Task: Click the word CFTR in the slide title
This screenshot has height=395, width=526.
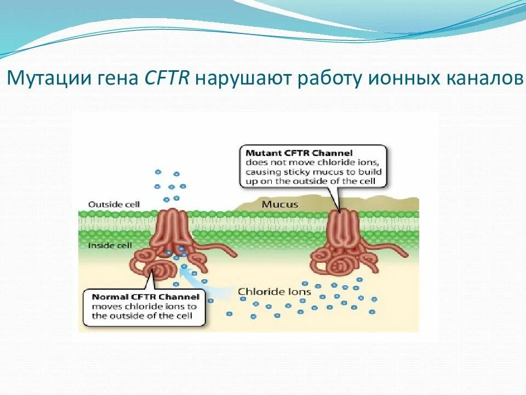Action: coord(167,78)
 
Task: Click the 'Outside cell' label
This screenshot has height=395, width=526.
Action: coord(114,205)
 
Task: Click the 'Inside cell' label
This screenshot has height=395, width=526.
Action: coord(110,245)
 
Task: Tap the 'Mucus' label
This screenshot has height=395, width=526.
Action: coord(279,205)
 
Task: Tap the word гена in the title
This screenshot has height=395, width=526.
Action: coord(116,78)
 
